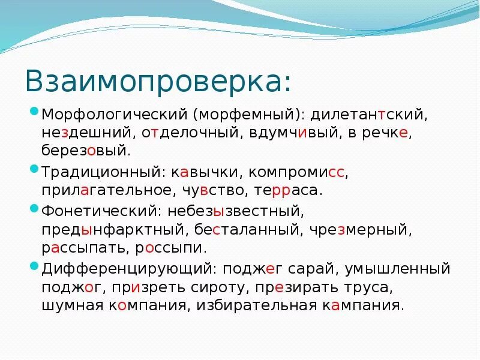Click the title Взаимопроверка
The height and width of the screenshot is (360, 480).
[158, 80]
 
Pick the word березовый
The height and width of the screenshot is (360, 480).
[85, 151]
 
